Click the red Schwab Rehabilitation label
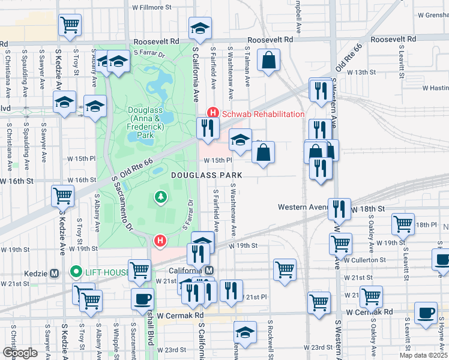pyautogui.click(x=264, y=114)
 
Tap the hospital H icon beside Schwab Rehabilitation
pyautogui.click(x=212, y=113)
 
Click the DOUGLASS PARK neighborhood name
pyautogui.click(x=206, y=175)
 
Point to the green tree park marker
pyautogui.click(x=160, y=196)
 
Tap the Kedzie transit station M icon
pyautogui.click(x=55, y=273)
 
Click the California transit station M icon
pyautogui.click(x=208, y=271)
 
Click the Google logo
pyautogui.click(x=20, y=352)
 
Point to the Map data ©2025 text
pyautogui.click(x=423, y=355)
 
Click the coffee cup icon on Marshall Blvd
pyautogui.click(x=142, y=299)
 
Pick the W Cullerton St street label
pyautogui.click(x=365, y=260)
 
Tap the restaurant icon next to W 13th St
pyautogui.click(x=319, y=89)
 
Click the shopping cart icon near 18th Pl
pyautogui.click(x=403, y=224)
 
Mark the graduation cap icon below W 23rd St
pyautogui.click(x=246, y=332)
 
